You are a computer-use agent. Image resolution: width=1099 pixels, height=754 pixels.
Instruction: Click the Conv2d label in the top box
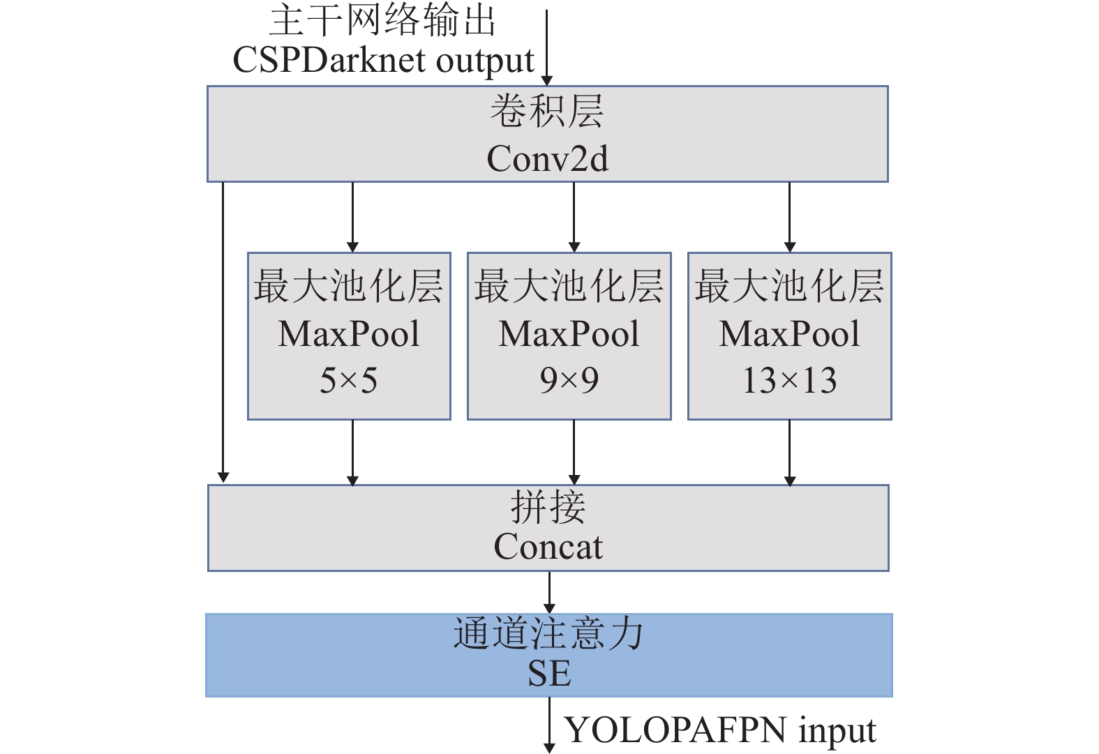[547, 159]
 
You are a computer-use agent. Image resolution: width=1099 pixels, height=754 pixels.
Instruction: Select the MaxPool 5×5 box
[349, 335]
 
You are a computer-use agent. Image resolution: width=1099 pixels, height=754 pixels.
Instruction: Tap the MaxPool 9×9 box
[569, 335]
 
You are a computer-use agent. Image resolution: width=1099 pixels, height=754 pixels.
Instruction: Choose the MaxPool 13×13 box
[790, 335]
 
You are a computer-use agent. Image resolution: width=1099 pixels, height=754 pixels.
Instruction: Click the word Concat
[548, 547]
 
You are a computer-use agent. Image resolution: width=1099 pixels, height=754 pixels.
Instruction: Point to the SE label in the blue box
[549, 673]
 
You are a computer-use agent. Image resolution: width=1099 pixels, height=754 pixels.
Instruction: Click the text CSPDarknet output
[383, 61]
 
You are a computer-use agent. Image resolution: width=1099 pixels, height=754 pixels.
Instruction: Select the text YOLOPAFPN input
[720, 730]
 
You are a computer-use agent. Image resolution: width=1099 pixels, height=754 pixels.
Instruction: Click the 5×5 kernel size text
[349, 381]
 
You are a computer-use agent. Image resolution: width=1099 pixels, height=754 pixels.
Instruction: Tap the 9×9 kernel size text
[569, 381]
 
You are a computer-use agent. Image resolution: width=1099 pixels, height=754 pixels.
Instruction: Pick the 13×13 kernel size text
[790, 381]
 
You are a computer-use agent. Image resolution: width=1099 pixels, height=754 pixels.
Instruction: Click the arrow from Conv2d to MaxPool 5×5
[352, 216]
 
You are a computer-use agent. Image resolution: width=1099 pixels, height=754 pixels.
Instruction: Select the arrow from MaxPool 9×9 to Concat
[574, 451]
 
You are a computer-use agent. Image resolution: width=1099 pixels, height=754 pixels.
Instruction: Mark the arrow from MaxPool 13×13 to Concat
[789, 451]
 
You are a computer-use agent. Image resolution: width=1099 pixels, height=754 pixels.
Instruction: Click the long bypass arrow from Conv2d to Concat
[223, 331]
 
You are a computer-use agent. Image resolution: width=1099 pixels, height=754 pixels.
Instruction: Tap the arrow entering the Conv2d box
[547, 45]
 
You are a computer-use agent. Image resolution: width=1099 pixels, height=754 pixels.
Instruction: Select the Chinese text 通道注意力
[548, 634]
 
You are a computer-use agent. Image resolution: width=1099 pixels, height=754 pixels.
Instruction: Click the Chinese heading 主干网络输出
[383, 20]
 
